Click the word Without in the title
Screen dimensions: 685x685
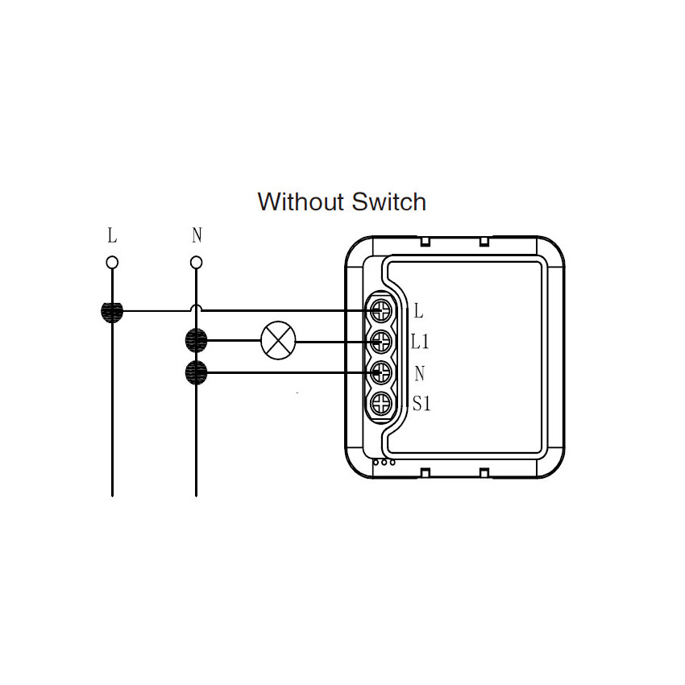click(301, 201)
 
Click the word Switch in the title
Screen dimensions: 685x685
click(388, 201)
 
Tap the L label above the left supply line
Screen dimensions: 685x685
click(112, 235)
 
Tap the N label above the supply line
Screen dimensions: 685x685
click(197, 235)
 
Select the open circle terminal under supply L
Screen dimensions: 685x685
click(112, 263)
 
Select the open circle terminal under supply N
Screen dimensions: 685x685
click(197, 263)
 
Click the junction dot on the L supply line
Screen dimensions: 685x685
click(112, 312)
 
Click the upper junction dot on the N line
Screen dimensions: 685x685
click(196, 341)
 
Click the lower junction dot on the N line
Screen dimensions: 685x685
click(196, 372)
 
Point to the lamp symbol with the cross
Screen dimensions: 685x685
click(278, 340)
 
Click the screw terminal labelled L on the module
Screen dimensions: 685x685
click(381, 310)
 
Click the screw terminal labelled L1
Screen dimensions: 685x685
click(381, 342)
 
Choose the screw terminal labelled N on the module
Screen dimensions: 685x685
click(381, 372)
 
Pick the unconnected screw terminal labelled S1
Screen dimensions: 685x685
click(381, 404)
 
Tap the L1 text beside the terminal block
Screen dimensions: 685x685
click(420, 341)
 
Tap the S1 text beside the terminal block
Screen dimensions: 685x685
click(421, 403)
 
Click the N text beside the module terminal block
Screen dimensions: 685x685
click(419, 373)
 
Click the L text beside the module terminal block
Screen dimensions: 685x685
click(418, 311)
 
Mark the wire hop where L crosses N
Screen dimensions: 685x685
click(197, 307)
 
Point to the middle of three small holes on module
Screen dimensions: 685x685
click(384, 463)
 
